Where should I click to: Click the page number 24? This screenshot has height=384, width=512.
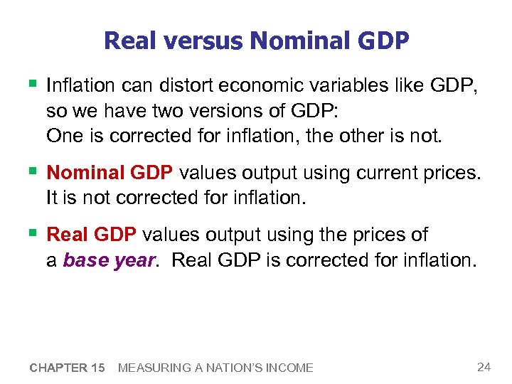484,367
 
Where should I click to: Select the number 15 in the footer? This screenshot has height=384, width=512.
98,368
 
